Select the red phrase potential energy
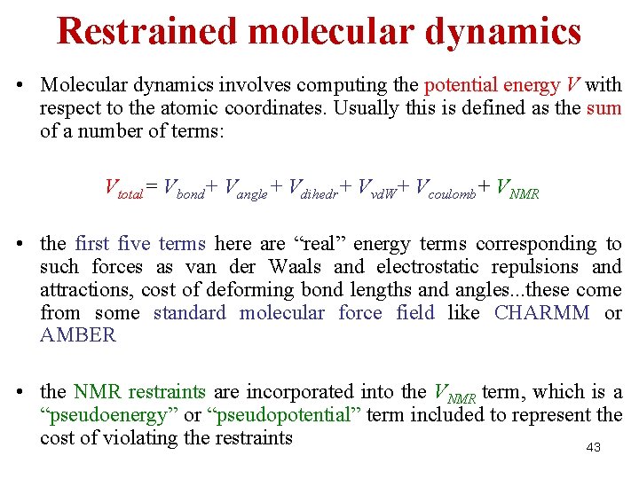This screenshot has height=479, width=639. tap(492, 86)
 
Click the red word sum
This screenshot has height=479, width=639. tap(603, 109)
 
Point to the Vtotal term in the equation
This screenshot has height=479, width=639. tap(123, 188)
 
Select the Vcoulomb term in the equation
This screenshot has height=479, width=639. tap(440, 188)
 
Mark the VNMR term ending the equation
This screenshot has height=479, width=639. tap(517, 188)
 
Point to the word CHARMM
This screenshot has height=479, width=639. tap(541, 313)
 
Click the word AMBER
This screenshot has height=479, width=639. tap(78, 335)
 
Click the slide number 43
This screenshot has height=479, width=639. tap(594, 448)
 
